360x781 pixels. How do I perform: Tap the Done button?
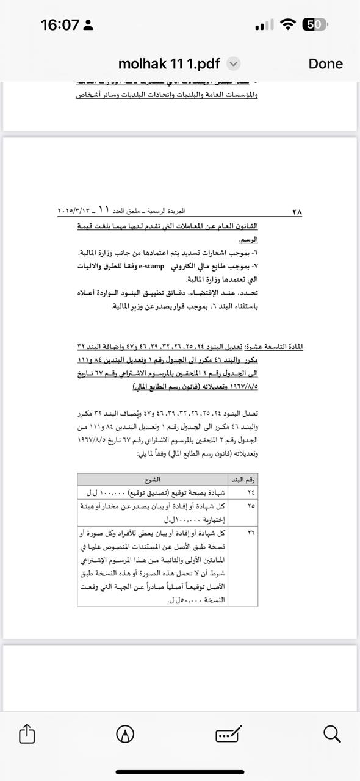click(325, 63)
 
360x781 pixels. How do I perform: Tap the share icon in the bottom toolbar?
click(27, 733)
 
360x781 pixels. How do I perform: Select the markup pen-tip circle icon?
click(125, 733)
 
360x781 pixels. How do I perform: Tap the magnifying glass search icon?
click(332, 733)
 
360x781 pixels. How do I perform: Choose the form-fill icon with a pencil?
click(229, 733)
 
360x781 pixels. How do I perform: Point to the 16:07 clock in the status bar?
click(60, 25)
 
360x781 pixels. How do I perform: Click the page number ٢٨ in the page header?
click(297, 212)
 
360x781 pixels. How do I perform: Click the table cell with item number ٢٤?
click(251, 492)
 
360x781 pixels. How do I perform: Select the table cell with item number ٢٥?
click(251, 506)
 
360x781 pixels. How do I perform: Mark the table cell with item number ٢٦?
click(251, 533)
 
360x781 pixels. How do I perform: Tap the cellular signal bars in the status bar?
click(264, 26)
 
